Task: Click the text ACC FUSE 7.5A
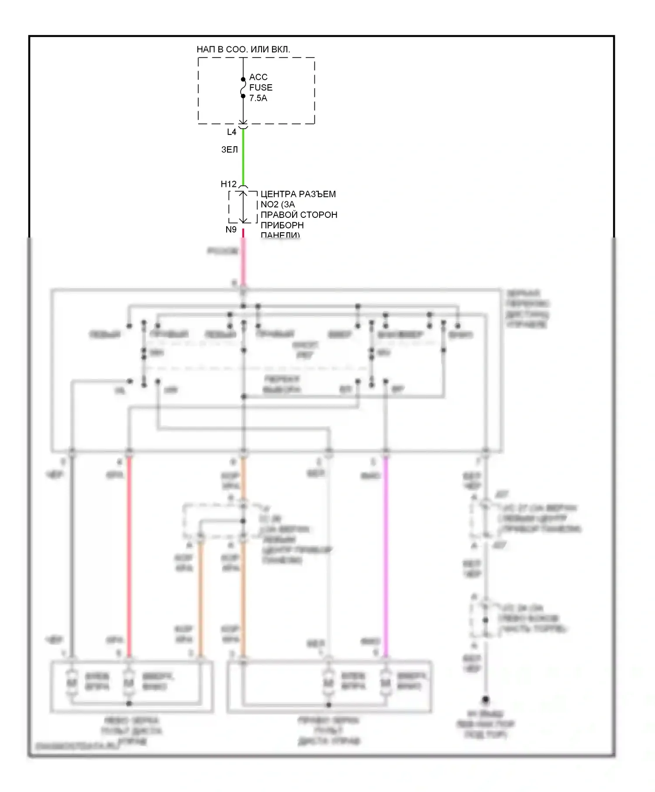260,87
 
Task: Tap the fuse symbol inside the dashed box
243,88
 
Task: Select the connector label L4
231,132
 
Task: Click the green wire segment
243,157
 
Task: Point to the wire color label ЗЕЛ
229,150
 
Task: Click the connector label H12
228,184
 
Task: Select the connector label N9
231,229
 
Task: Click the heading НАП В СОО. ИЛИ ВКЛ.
243,49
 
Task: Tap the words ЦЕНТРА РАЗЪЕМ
298,194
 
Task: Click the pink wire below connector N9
243,262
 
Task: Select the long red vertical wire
129,554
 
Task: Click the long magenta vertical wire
386,554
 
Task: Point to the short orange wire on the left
201,598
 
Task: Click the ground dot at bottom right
486,700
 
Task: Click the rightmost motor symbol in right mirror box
385,682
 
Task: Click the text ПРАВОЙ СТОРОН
299,215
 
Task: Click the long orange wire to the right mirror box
243,589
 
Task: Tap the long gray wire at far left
72,554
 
